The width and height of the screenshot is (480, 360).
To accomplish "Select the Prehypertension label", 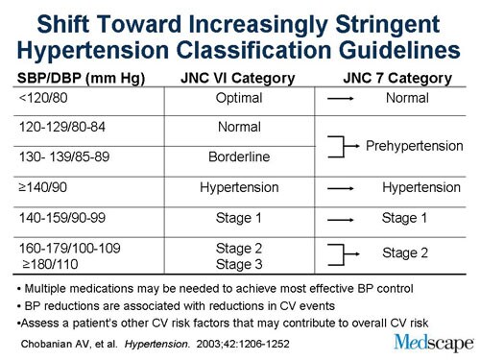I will point(414,146).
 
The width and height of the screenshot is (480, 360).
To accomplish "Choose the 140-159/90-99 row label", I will point(66,219).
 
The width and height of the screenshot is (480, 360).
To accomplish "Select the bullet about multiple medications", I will point(212,288).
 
